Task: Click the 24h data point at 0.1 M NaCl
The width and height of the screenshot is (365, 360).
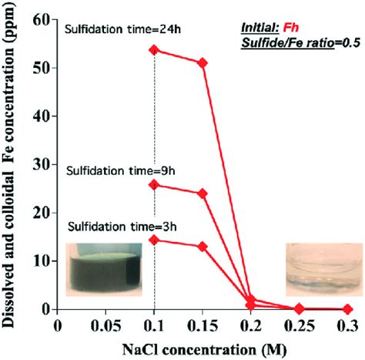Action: tap(155, 50)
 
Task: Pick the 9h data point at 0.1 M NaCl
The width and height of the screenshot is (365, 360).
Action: tap(155, 184)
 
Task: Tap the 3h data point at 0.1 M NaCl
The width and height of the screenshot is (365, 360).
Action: tap(155, 240)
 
